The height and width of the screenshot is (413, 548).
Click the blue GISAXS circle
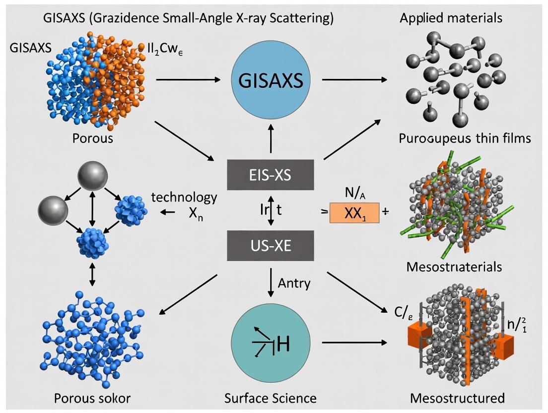coord(271,81)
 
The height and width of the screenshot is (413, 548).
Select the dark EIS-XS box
coord(271,175)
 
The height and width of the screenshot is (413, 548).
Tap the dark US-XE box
coord(271,246)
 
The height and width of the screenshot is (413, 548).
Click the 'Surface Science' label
coord(271,398)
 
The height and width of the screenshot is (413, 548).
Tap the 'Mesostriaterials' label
coord(454,267)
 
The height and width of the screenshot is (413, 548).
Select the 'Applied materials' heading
coord(451,19)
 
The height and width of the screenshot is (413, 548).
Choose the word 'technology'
coord(184,197)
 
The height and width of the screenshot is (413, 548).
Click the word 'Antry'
coord(294,283)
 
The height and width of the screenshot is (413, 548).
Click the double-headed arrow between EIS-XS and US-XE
coord(271,210)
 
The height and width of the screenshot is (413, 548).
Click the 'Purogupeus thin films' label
coord(465,138)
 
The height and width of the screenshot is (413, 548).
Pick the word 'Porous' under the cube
coord(92,138)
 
